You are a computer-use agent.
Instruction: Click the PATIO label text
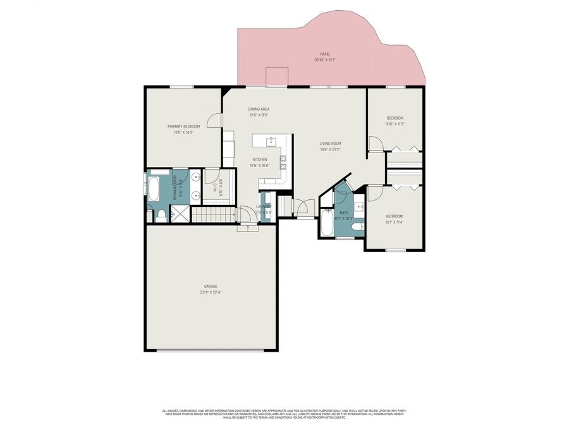click(x=325, y=55)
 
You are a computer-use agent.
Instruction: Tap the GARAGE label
click(x=211, y=286)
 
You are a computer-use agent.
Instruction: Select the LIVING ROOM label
click(x=330, y=144)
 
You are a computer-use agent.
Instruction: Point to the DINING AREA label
click(x=259, y=109)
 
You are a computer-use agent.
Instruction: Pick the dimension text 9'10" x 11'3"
click(x=395, y=124)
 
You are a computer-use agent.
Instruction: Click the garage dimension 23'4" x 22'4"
click(x=211, y=292)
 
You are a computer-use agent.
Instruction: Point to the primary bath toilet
click(x=162, y=216)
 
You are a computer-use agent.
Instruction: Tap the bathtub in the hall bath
click(x=326, y=223)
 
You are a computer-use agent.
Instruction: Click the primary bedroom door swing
click(x=217, y=120)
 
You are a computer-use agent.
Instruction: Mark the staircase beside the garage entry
click(x=213, y=215)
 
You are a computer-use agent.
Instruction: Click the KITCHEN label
click(x=259, y=159)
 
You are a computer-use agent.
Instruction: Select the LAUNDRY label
click(x=264, y=207)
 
